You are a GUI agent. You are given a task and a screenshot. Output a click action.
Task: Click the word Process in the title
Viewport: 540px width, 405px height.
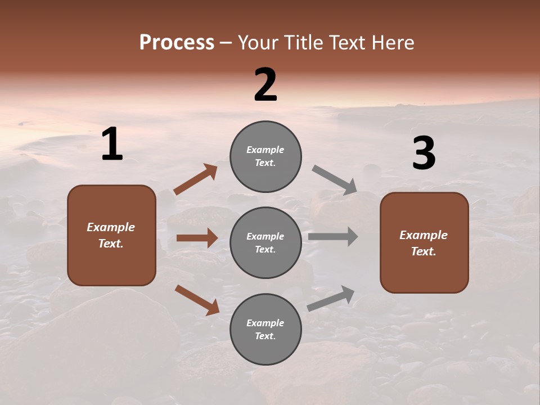tap(177, 43)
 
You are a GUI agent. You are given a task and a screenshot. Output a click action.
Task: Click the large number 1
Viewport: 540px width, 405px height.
tap(112, 145)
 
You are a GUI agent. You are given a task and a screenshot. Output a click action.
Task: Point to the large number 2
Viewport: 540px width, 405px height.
tap(265, 85)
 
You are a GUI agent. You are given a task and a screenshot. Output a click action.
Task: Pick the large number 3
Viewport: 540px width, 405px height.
tap(424, 154)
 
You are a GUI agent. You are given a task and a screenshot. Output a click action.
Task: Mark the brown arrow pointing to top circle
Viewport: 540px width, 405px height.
tap(196, 179)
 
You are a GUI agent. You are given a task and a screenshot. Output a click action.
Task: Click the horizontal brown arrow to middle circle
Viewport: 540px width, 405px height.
tap(197, 238)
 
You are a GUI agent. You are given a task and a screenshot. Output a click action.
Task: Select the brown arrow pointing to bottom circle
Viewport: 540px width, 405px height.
tap(197, 300)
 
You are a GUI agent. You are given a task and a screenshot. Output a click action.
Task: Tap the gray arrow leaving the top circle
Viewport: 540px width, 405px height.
tap(335, 180)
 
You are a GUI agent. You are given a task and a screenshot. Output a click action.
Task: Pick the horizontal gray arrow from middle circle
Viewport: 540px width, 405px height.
tap(333, 236)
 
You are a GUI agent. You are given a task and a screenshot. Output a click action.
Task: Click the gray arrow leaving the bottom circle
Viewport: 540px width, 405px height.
tap(331, 299)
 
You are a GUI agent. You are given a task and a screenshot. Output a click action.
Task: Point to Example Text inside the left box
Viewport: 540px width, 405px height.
tap(111, 235)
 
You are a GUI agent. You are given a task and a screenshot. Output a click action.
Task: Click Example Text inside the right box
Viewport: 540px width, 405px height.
tap(424, 243)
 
